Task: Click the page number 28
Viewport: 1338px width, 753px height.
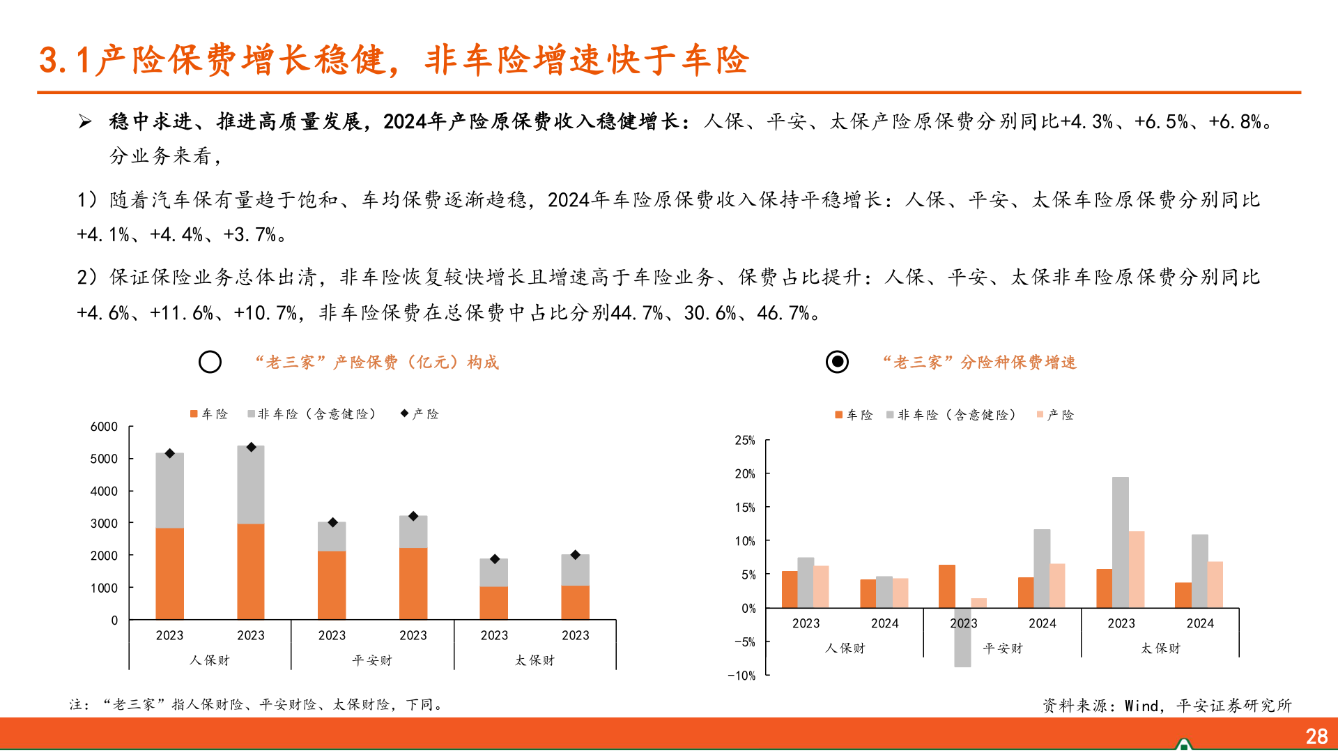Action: point(1316,736)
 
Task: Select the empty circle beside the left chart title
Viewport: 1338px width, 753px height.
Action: point(210,362)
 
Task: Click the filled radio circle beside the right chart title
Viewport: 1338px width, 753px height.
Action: point(837,362)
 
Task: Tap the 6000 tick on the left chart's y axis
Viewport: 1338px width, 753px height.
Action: point(104,427)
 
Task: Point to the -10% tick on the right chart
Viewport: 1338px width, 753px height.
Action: point(741,676)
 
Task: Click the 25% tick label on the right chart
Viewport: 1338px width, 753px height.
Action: point(744,441)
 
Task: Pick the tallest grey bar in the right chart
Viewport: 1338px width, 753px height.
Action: point(1121,542)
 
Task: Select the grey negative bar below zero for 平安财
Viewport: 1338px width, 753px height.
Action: point(962,637)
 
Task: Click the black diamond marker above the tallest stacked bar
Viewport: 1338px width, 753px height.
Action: point(252,447)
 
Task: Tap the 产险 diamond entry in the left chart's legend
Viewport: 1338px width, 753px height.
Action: point(420,414)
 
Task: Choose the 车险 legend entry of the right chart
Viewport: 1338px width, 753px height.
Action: point(854,415)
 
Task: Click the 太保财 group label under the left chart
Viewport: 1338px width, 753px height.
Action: point(535,660)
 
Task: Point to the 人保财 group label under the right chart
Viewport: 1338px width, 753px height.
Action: point(845,648)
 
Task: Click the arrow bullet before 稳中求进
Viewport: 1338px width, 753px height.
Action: point(85,122)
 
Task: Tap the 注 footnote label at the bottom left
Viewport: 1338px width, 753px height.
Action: point(78,705)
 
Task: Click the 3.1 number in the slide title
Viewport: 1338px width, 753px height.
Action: point(64,60)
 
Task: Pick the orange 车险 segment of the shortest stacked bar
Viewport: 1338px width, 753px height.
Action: point(493,603)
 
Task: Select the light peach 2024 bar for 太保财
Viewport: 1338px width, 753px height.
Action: point(1215,584)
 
